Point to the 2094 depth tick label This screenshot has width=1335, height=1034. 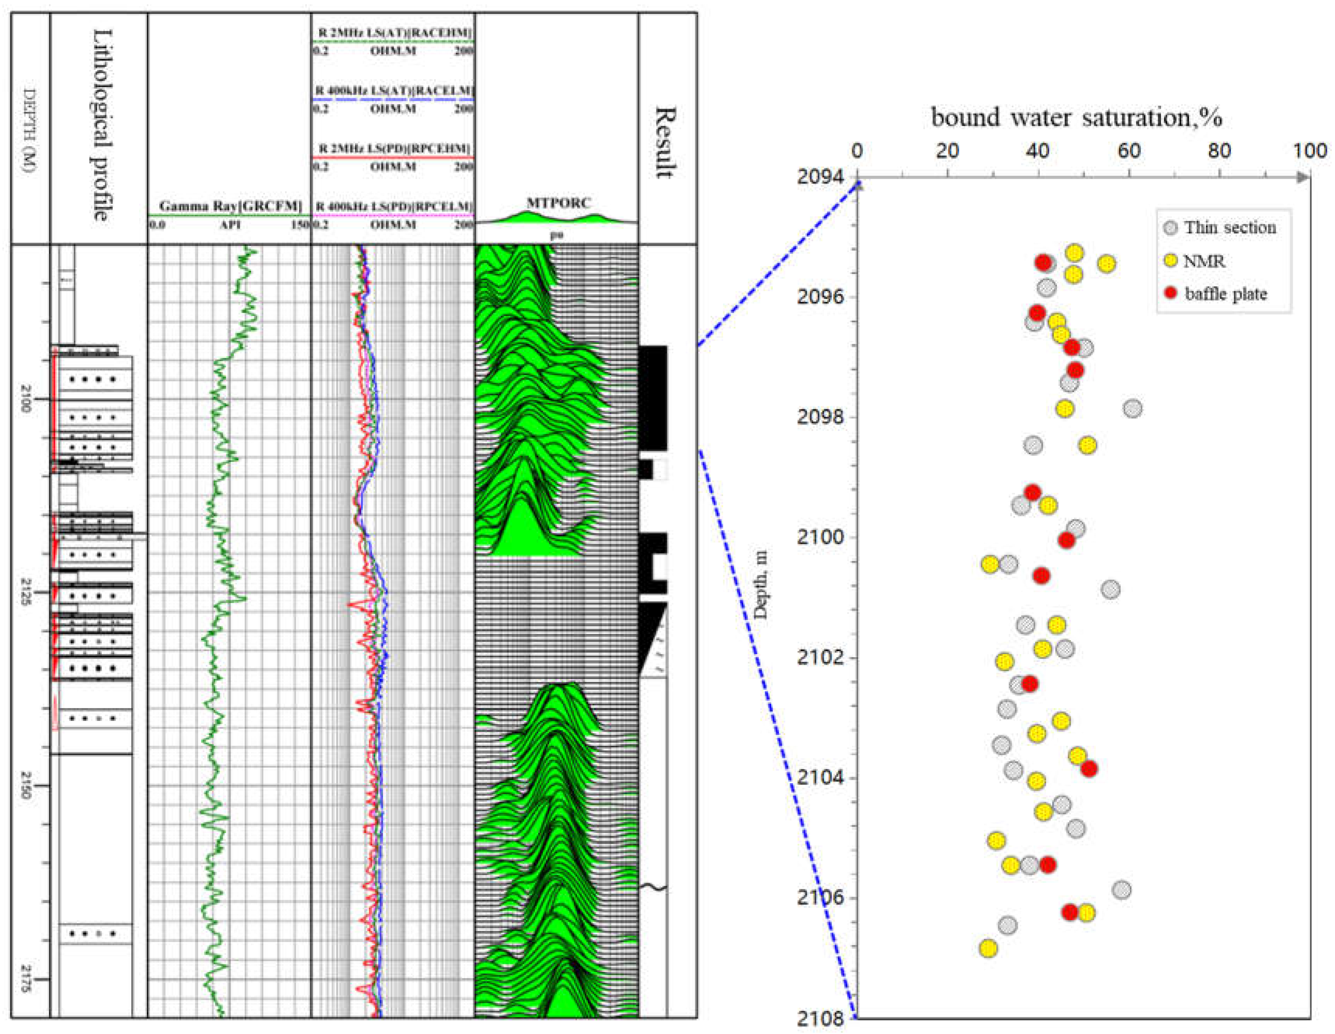pos(820,177)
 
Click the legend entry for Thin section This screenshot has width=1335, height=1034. pos(1229,228)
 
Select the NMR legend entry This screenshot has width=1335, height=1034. pos(1204,261)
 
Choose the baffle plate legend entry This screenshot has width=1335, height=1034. pos(1225,294)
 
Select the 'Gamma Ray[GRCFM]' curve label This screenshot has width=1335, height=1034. pos(230,206)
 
